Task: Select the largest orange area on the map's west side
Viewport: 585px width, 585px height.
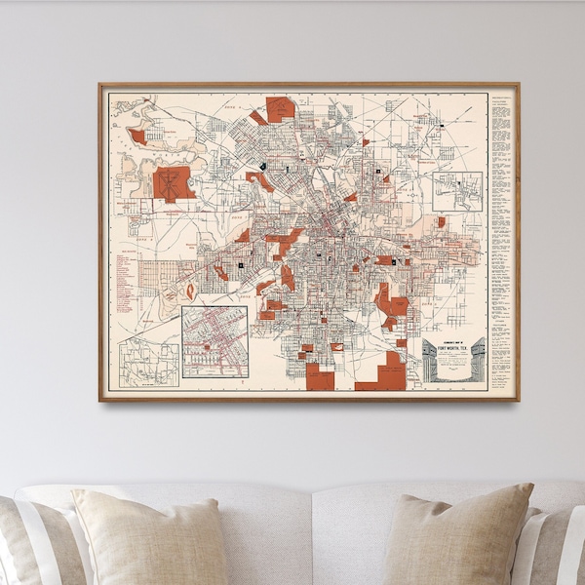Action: [174, 183]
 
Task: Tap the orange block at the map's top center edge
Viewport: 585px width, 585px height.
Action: [280, 108]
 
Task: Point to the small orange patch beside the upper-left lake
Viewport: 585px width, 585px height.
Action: [137, 136]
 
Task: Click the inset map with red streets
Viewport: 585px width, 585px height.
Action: [214, 341]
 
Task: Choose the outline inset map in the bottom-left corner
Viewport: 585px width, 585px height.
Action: [148, 361]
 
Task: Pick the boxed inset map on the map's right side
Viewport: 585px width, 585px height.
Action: [458, 192]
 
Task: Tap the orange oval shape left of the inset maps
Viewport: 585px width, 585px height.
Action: [190, 291]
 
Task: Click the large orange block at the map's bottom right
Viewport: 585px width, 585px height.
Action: [387, 374]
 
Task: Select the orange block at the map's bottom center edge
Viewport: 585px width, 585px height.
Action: [320, 378]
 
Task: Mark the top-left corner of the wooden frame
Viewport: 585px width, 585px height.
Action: [99, 84]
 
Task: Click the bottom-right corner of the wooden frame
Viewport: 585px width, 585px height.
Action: [519, 400]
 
